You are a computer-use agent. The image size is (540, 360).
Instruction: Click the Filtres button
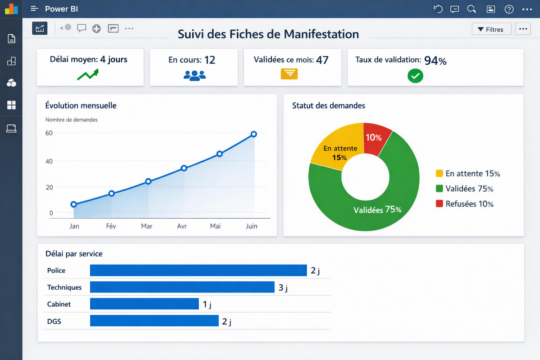(x=491, y=29)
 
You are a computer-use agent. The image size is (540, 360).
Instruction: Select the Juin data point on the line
(x=254, y=134)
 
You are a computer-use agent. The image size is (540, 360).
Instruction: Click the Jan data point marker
(x=73, y=204)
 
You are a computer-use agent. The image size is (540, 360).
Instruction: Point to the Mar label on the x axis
(x=147, y=226)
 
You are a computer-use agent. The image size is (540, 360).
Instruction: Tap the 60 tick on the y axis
(x=49, y=133)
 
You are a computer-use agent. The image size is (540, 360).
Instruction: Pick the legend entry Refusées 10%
(x=465, y=204)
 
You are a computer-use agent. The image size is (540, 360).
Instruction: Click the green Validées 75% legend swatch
(x=439, y=189)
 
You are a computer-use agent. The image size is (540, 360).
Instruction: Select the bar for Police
(x=198, y=270)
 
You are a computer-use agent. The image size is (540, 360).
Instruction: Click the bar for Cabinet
(x=144, y=304)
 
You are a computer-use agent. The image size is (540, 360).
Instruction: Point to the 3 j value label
(x=283, y=288)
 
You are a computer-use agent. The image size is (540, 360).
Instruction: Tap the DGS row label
(x=54, y=321)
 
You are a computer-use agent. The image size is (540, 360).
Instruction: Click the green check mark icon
(x=415, y=76)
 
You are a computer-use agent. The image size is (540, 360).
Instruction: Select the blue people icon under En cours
(x=194, y=75)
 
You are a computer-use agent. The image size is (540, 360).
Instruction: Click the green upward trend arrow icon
(x=88, y=74)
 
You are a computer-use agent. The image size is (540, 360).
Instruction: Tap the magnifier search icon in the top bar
(x=471, y=9)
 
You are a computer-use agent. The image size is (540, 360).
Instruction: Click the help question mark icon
(x=509, y=9)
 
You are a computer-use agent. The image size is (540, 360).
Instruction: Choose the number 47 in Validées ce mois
(x=322, y=60)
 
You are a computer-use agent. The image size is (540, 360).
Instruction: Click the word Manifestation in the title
(x=321, y=34)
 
